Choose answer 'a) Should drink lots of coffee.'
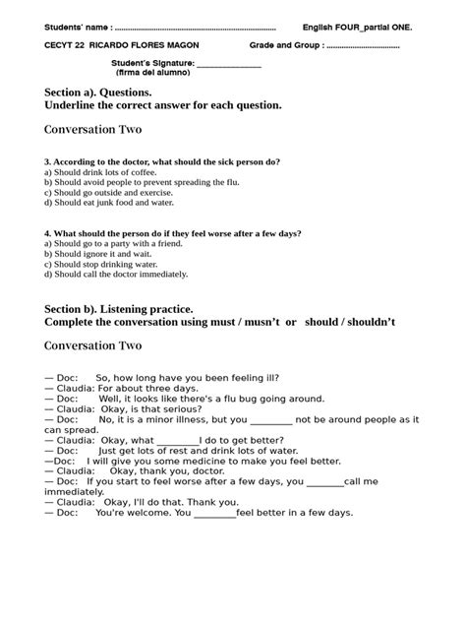click(105, 171)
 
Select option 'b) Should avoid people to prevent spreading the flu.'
click(142, 182)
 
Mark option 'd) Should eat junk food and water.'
click(109, 203)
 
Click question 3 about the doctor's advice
click(162, 160)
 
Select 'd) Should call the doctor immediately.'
click(116, 275)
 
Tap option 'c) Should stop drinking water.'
click(101, 265)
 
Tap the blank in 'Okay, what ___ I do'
click(177, 440)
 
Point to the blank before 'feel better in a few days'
click(214, 513)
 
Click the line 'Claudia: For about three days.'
click(109, 388)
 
